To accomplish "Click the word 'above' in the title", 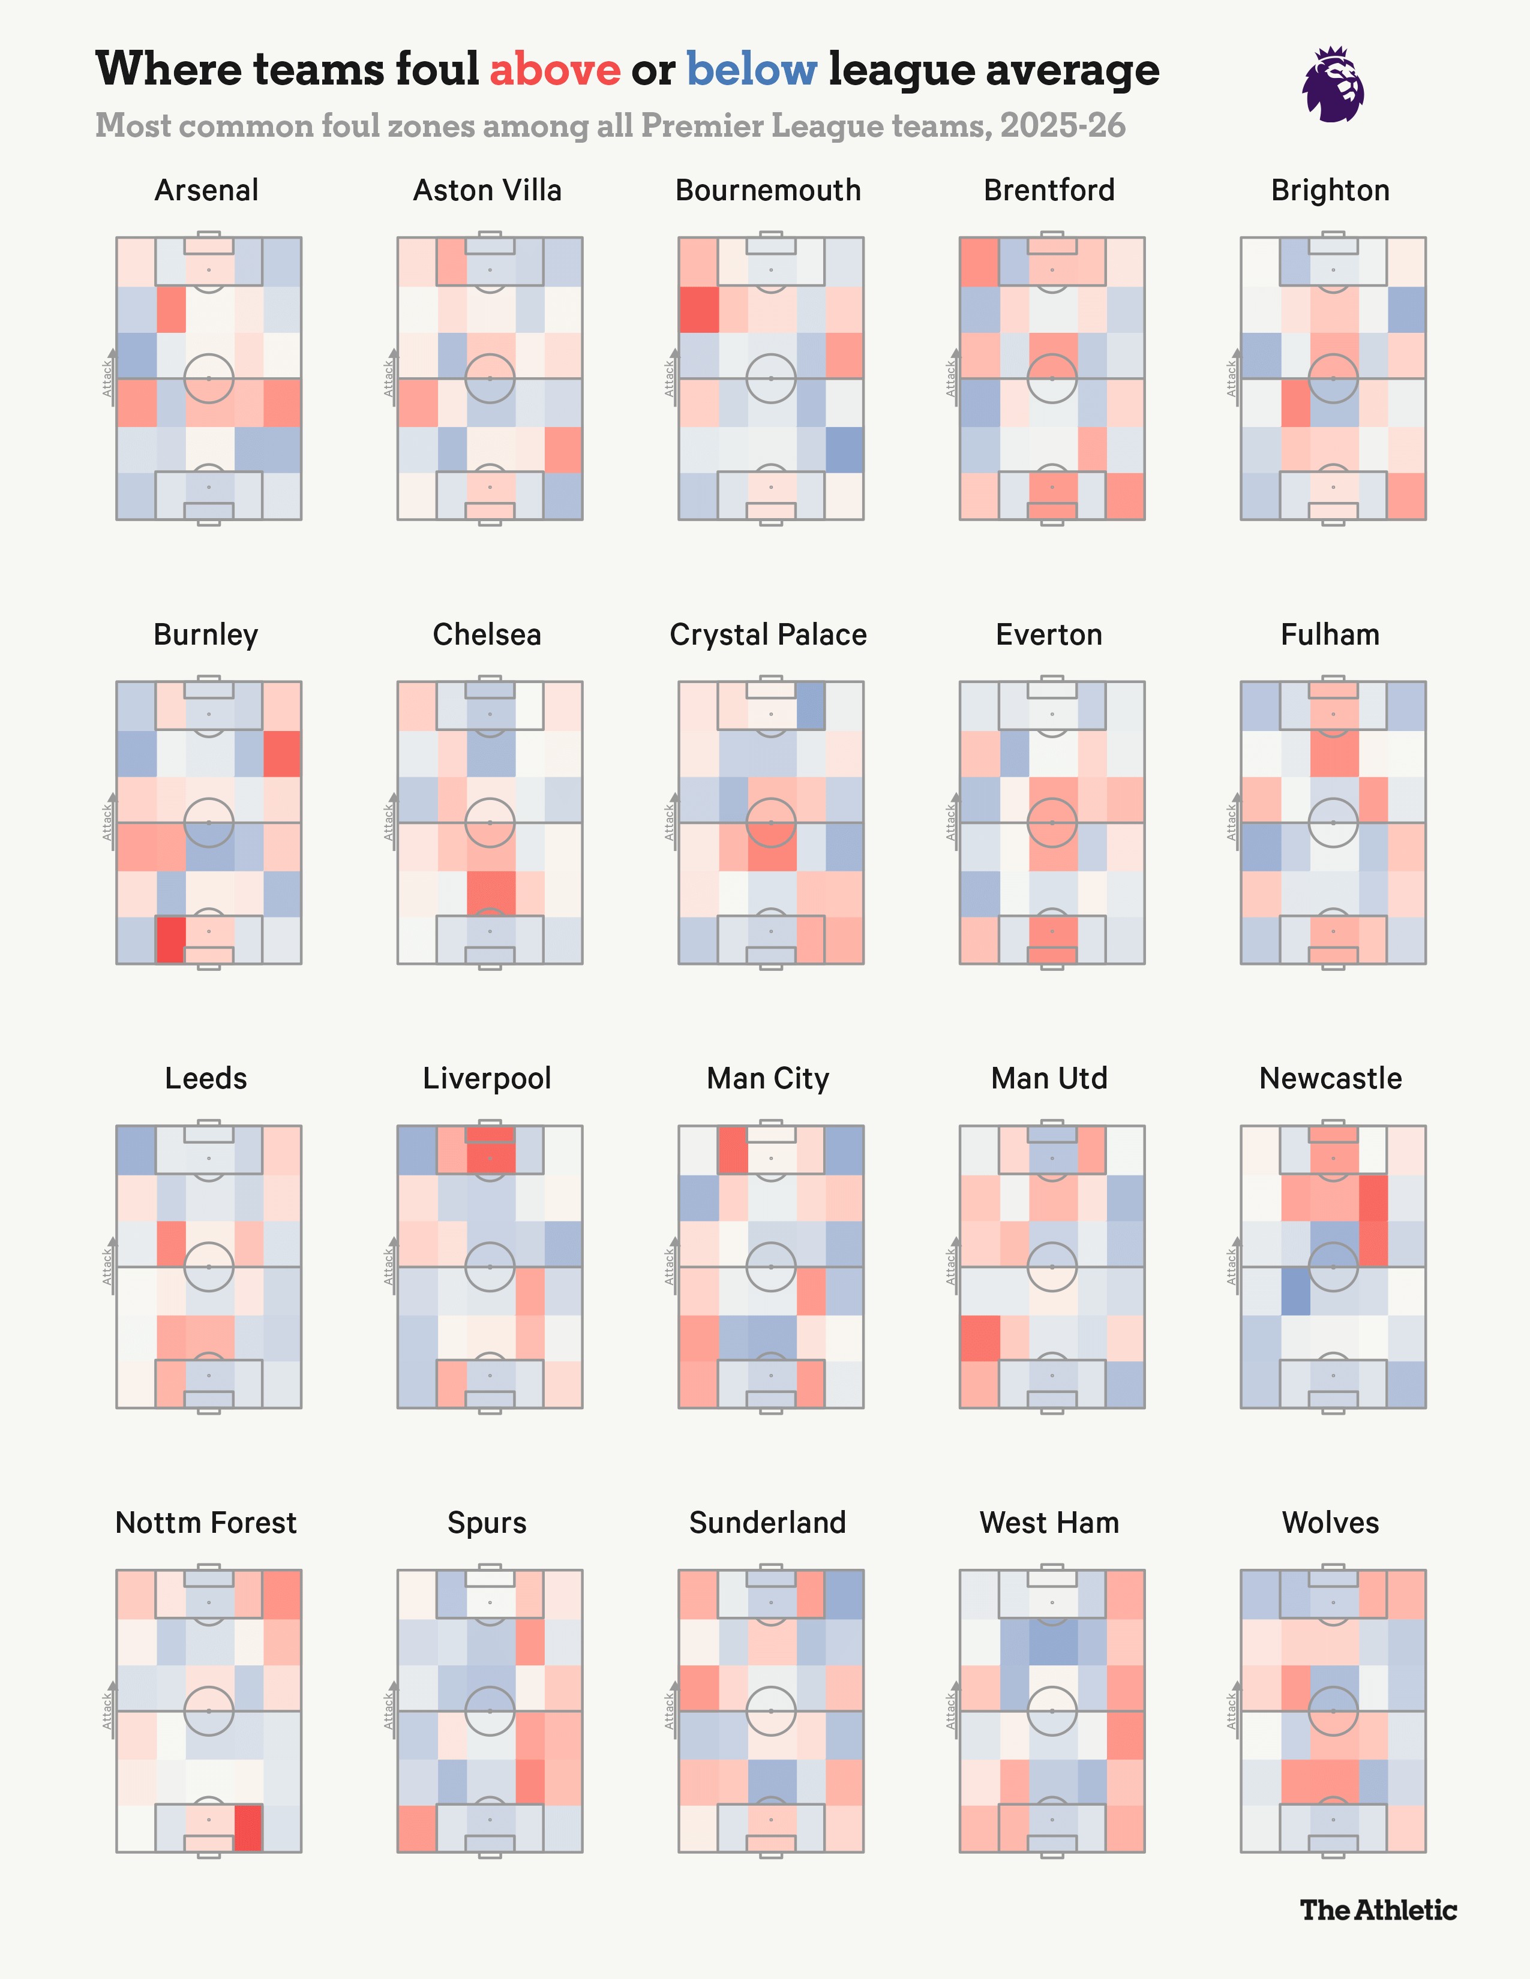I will (x=555, y=70).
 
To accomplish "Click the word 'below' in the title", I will (x=751, y=70).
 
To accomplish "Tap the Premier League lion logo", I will (x=1333, y=85).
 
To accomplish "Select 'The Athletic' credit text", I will (x=1378, y=1910).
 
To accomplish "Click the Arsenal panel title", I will (x=206, y=190).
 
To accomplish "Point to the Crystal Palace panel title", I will (x=768, y=634).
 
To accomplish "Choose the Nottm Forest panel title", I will (x=206, y=1522).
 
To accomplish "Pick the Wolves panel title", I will (x=1330, y=1522).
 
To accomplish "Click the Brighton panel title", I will (x=1330, y=190).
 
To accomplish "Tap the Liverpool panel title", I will (x=487, y=1078).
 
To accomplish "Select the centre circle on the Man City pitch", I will (x=770, y=1267).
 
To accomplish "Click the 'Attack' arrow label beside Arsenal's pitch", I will (x=108, y=378).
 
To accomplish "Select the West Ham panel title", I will (x=1049, y=1522).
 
